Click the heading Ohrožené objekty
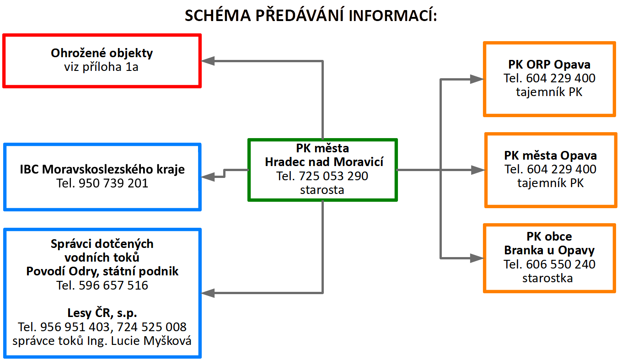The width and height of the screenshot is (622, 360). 102,53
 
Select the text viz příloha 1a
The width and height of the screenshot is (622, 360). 102,67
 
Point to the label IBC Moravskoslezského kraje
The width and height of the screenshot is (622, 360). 102,169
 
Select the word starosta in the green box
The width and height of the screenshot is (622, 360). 322,190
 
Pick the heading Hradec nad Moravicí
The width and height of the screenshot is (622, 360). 324,162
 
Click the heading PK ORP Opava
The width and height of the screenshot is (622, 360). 549,64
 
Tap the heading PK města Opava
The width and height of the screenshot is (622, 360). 550,156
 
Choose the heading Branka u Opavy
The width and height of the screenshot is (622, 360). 549,250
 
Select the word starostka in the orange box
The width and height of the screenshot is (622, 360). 547,278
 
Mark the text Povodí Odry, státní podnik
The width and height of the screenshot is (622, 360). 102,271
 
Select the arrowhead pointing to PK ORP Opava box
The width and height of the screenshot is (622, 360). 477,79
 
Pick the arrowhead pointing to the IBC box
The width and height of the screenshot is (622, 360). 209,176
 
